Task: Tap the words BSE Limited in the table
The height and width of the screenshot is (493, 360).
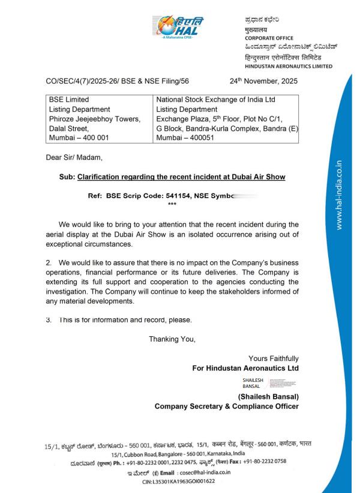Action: [69, 98]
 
